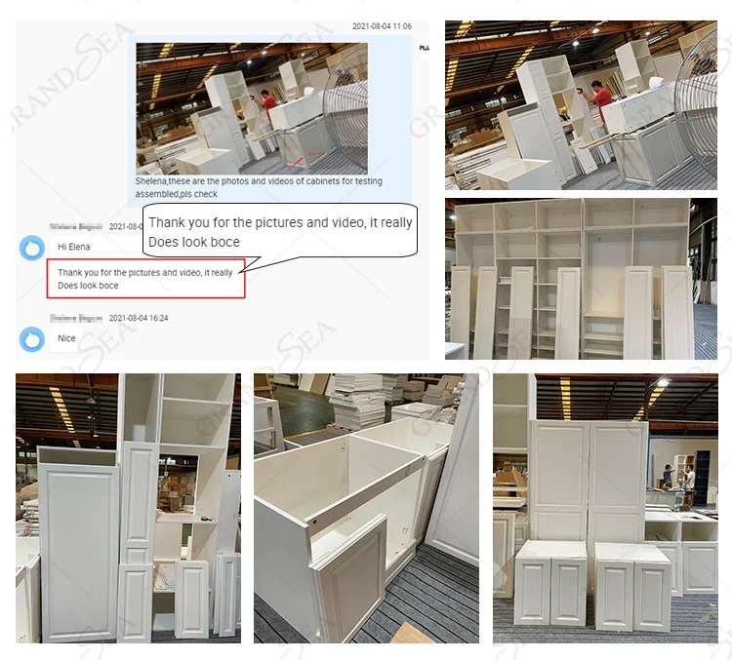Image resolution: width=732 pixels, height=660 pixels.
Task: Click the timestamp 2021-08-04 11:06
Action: [x=382, y=26]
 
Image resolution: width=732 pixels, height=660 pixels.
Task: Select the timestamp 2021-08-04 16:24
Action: [x=144, y=318]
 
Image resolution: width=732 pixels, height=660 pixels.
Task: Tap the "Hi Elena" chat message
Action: [x=74, y=247]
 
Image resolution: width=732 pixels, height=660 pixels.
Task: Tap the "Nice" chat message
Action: [x=66, y=338]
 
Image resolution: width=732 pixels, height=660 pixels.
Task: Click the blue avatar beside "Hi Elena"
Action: [x=32, y=247]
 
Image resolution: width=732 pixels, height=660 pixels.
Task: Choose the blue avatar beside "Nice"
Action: [x=32, y=338]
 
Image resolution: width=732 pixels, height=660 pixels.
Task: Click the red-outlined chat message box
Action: [x=145, y=279]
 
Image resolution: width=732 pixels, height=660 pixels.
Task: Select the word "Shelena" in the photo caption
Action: [x=153, y=181]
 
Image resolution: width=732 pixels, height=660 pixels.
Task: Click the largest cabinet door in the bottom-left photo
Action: [x=78, y=551]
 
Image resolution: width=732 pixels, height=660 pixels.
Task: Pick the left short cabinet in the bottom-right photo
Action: [x=550, y=583]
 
